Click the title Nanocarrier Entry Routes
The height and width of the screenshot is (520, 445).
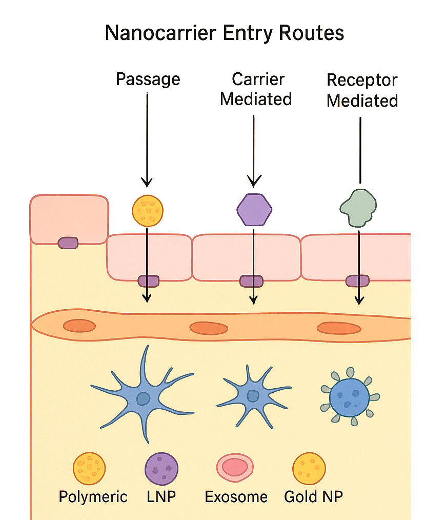pyautogui.click(x=224, y=33)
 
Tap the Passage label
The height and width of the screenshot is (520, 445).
pyautogui.click(x=148, y=79)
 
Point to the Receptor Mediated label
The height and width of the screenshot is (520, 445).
pyautogui.click(x=362, y=90)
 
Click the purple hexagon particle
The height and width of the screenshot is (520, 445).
pyautogui.click(x=254, y=209)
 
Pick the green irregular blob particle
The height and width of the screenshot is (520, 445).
pyautogui.click(x=358, y=208)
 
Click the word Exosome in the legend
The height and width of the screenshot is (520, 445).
pyautogui.click(x=236, y=497)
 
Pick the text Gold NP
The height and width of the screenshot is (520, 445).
pyautogui.click(x=313, y=497)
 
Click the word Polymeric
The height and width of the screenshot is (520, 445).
pyautogui.click(x=93, y=497)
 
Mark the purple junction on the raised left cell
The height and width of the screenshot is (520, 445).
pyautogui.click(x=68, y=243)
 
